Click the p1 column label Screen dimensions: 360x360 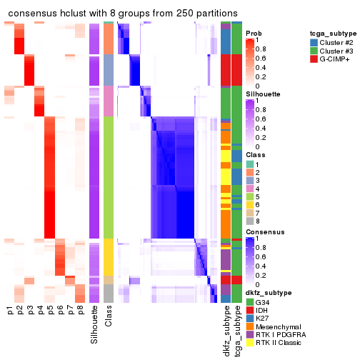coord(10,311)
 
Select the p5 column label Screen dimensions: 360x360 coord(50,311)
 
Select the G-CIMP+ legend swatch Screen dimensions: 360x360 coord(314,60)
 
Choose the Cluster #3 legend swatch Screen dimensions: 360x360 coord(314,51)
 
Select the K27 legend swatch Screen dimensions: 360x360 coord(250,321)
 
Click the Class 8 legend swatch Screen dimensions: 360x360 coord(250,221)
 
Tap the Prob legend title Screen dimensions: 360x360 coord(255,33)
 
